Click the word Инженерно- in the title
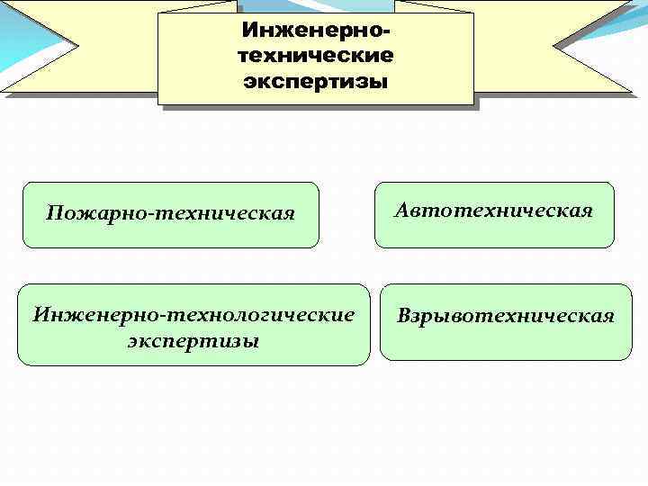point(316,31)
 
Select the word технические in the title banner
point(316,56)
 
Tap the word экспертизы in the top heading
point(316,82)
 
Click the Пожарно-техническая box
point(171,214)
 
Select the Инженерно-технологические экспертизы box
point(193,325)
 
